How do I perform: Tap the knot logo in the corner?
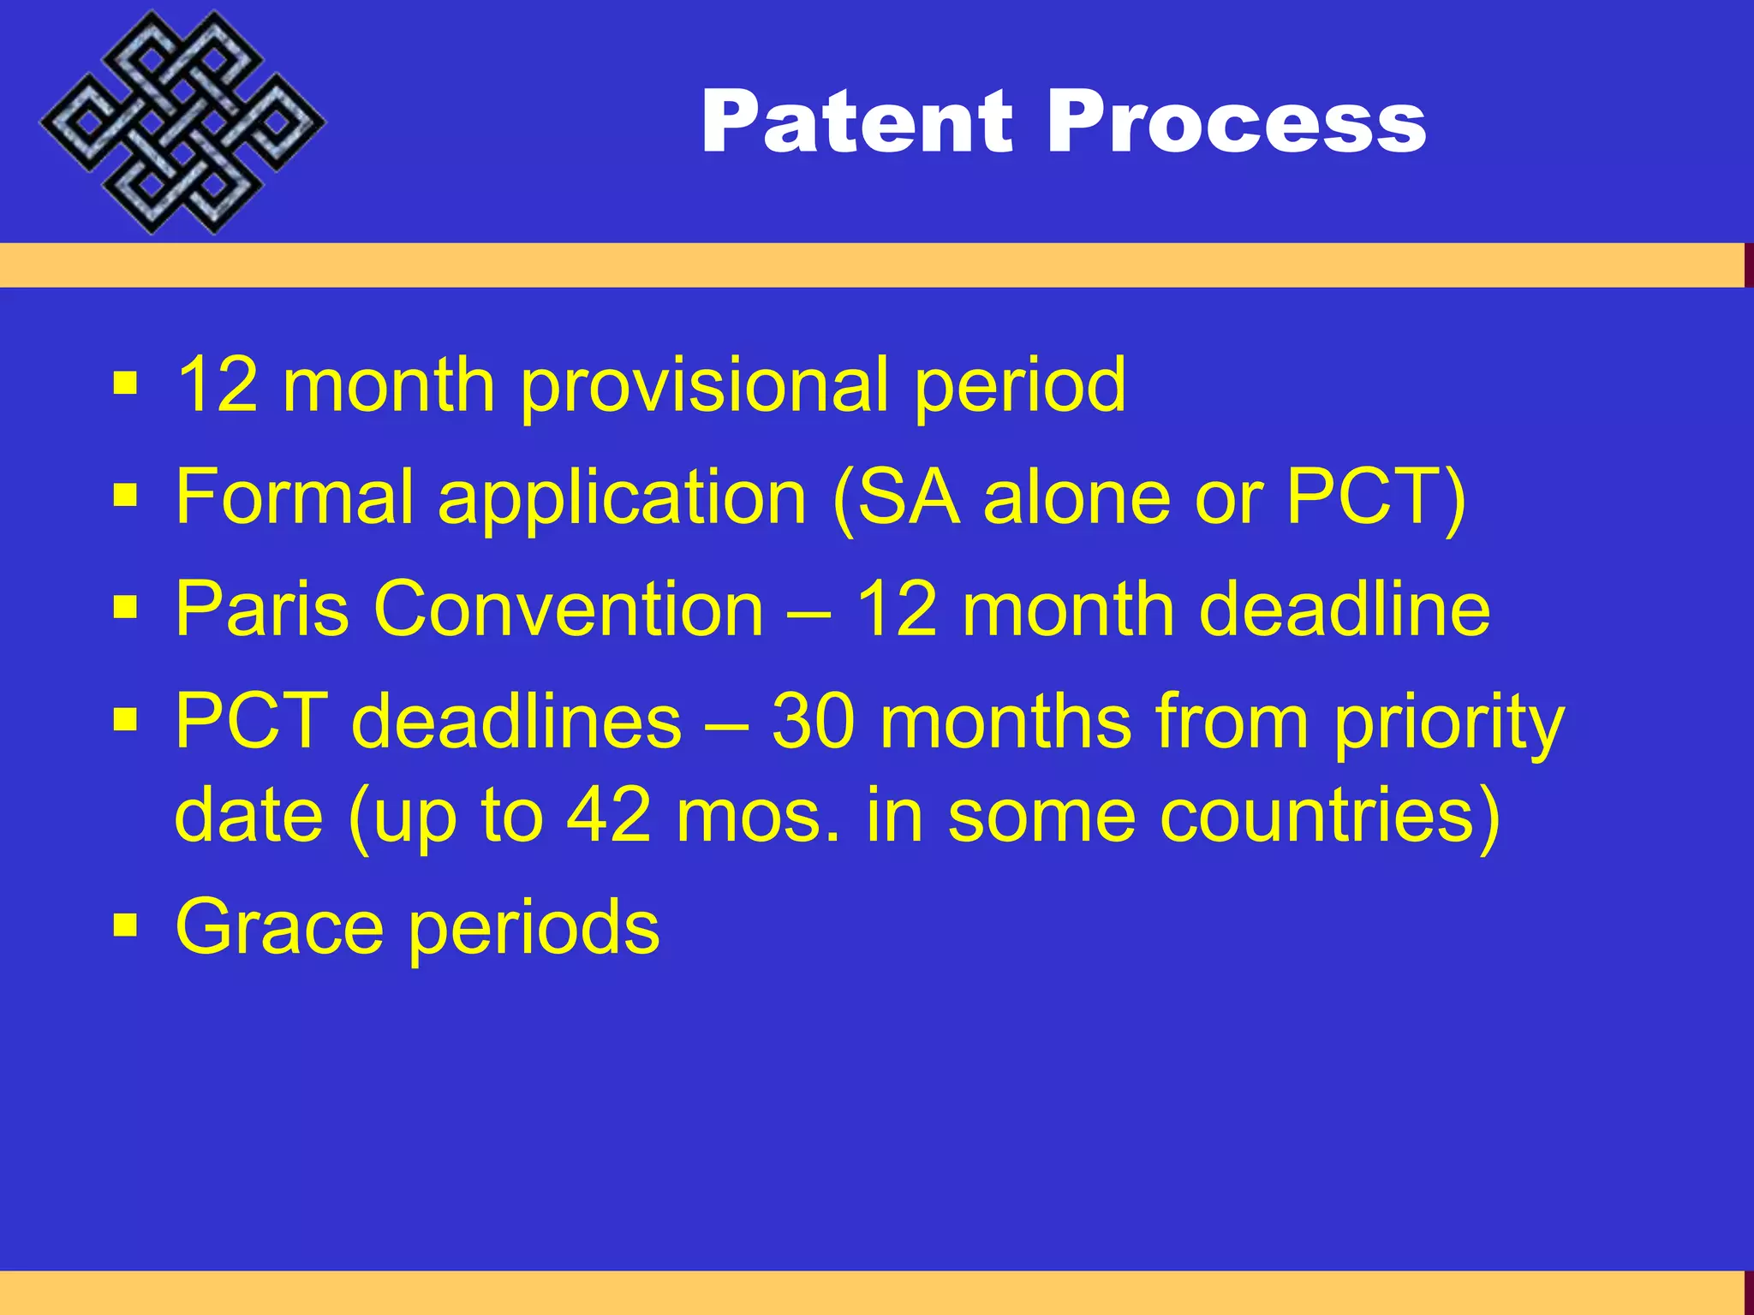point(182,122)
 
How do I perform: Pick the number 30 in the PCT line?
point(813,722)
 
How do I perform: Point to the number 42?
point(609,815)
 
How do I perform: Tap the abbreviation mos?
point(758,817)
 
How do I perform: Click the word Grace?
point(279,927)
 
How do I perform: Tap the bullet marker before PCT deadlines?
point(125,720)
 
